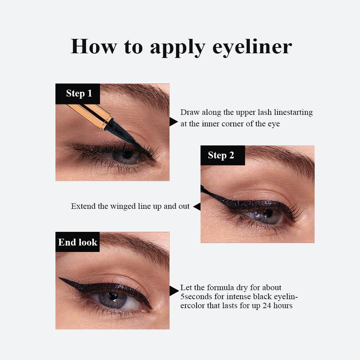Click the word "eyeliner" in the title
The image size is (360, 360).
pos(252,47)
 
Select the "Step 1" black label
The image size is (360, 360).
pos(79,94)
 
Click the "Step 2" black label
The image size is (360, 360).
pos(221,155)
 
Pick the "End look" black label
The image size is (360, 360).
pos(77,242)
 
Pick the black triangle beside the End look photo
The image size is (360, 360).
pos(174,291)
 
